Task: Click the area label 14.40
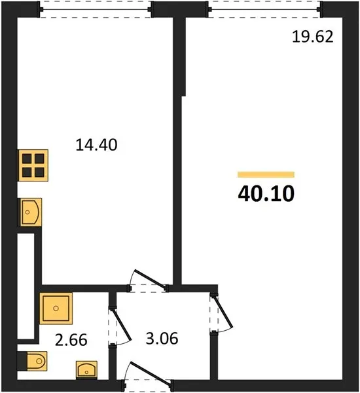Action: (x=96, y=145)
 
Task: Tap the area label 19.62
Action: (x=313, y=37)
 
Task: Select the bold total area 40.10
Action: (x=266, y=193)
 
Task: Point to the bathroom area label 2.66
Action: (x=71, y=340)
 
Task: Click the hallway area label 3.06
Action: (x=162, y=339)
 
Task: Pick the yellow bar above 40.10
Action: (x=266, y=174)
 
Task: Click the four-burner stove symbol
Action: (x=32, y=165)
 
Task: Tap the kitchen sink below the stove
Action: (x=29, y=212)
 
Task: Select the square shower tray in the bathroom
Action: (x=56, y=309)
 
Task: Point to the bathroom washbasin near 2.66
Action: (x=86, y=369)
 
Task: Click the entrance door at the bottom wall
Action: (x=150, y=373)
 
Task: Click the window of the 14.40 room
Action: (x=95, y=10)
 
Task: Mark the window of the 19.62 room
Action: (x=264, y=10)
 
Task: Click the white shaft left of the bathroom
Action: (x=26, y=286)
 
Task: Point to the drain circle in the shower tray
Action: (x=56, y=308)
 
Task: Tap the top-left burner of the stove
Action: (x=27, y=159)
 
